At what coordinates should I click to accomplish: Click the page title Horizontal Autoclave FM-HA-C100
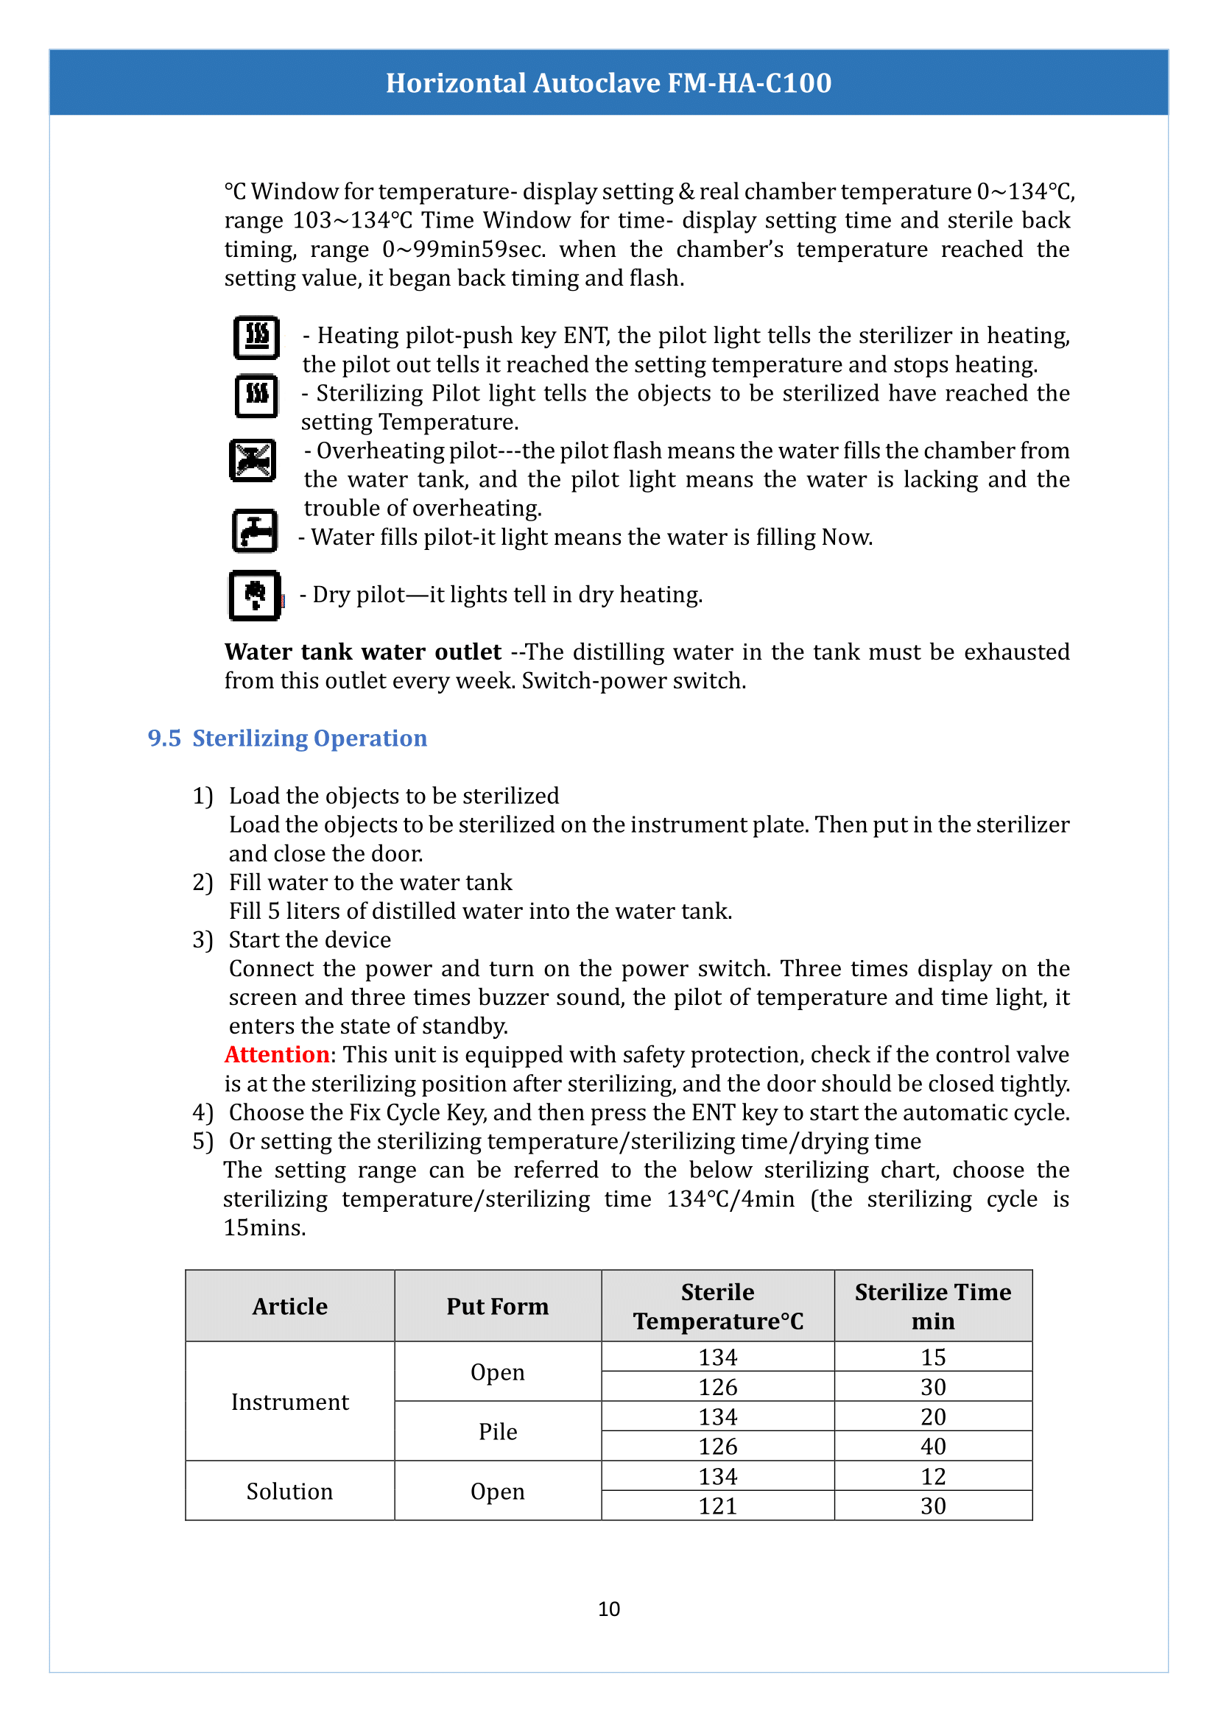click(608, 82)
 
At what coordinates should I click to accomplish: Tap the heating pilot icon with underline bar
click(256, 337)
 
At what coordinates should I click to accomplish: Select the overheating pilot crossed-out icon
click(253, 459)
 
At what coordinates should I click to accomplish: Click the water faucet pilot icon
click(255, 531)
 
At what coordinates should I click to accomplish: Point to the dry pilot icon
click(255, 596)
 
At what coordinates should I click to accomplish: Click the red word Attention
click(277, 1054)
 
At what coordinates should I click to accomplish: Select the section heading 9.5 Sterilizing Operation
click(287, 738)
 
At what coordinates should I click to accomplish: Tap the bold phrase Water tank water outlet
click(362, 652)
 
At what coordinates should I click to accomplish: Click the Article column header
click(289, 1306)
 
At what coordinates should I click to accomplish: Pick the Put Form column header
click(497, 1306)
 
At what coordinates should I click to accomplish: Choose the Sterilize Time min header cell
click(932, 1306)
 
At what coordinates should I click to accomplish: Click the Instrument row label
click(289, 1401)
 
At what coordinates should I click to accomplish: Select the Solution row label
click(289, 1491)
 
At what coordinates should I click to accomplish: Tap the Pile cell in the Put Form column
click(497, 1431)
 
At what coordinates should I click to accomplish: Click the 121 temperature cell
click(718, 1506)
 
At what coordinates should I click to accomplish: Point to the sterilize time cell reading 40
click(932, 1446)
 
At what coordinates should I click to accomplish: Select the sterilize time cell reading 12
click(932, 1476)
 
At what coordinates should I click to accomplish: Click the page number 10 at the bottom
click(608, 1609)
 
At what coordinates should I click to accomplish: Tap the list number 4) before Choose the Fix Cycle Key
click(203, 1112)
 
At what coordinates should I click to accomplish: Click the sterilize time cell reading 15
click(932, 1357)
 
